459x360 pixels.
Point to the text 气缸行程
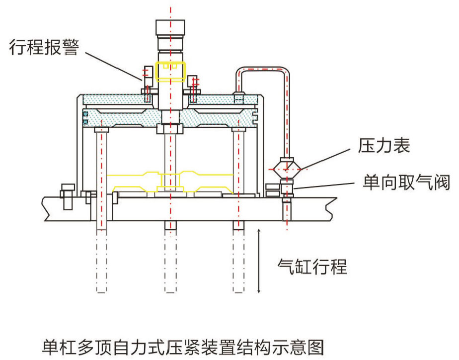pyautogui.click(x=311, y=267)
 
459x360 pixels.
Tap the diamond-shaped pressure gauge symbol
pyautogui.click(x=287, y=170)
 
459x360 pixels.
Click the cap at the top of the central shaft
pyautogui.click(x=170, y=27)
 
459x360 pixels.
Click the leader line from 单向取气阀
pyautogui.click(x=325, y=187)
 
